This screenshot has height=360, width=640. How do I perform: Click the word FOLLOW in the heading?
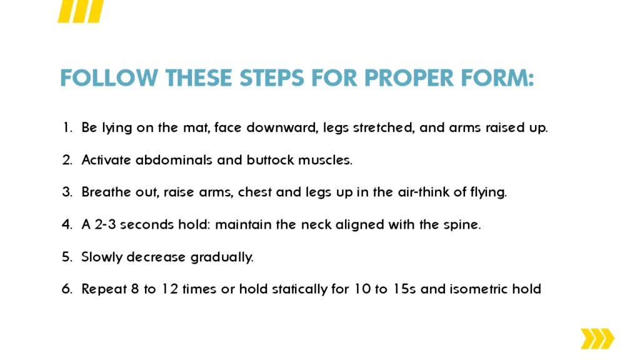tap(109, 78)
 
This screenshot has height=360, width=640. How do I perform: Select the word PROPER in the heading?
tap(409, 78)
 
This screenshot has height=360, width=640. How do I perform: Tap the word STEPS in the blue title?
tap(272, 78)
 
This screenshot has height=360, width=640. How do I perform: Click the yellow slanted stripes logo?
tap(81, 11)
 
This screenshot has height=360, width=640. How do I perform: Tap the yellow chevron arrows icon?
tap(597, 338)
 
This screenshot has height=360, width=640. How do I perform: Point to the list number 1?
tap(67, 127)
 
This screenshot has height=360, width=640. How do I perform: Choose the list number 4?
tap(67, 224)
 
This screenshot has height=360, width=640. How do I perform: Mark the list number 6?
tap(67, 289)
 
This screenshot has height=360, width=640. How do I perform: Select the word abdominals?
tap(174, 160)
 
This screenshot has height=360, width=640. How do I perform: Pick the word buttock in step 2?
tap(270, 160)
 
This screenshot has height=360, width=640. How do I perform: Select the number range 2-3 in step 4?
tap(105, 224)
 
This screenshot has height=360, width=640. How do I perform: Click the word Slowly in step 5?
tap(102, 257)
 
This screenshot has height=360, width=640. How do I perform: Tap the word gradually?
tap(222, 257)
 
